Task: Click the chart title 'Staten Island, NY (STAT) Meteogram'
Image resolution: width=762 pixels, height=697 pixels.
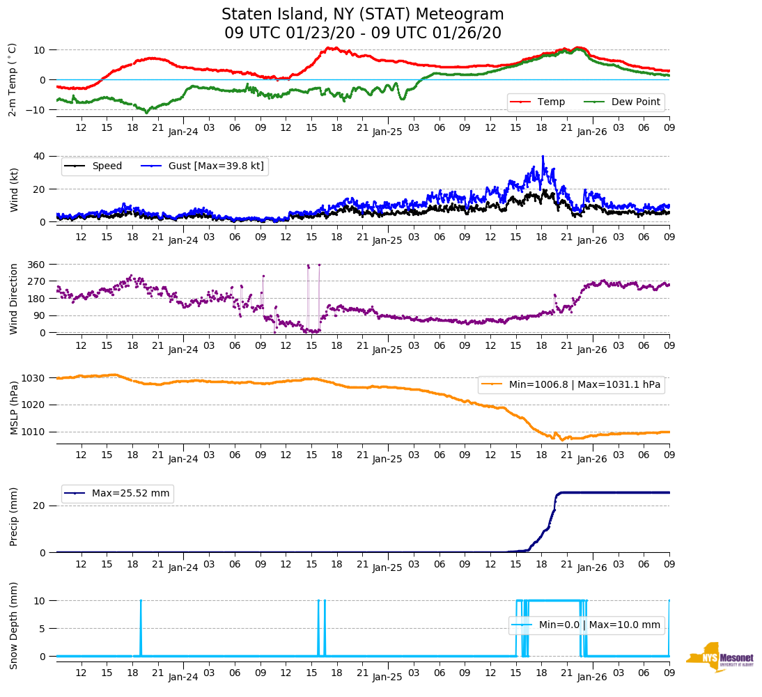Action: tap(362, 15)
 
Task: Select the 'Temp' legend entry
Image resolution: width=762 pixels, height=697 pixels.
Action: tap(547, 102)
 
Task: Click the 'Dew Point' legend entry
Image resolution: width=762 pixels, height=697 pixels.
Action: tap(635, 102)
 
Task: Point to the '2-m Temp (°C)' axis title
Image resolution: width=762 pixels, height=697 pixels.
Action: tap(12, 79)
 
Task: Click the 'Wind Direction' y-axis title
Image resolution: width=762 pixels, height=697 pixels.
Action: tap(13, 299)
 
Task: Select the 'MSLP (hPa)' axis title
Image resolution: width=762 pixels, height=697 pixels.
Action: tap(13, 405)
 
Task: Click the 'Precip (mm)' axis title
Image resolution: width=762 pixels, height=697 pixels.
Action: tap(13, 516)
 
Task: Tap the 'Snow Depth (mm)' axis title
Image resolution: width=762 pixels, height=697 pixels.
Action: tap(13, 625)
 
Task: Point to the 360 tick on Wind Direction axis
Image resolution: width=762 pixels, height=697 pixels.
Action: tap(37, 265)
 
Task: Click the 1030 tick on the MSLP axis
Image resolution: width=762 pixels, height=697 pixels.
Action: tap(35, 378)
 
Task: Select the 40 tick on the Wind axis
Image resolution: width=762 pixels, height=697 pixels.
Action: tap(40, 156)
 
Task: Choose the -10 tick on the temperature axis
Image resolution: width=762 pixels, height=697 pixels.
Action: tap(37, 110)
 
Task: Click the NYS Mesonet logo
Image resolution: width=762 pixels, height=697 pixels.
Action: tap(720, 657)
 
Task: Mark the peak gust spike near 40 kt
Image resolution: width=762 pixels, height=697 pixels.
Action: tap(543, 157)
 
